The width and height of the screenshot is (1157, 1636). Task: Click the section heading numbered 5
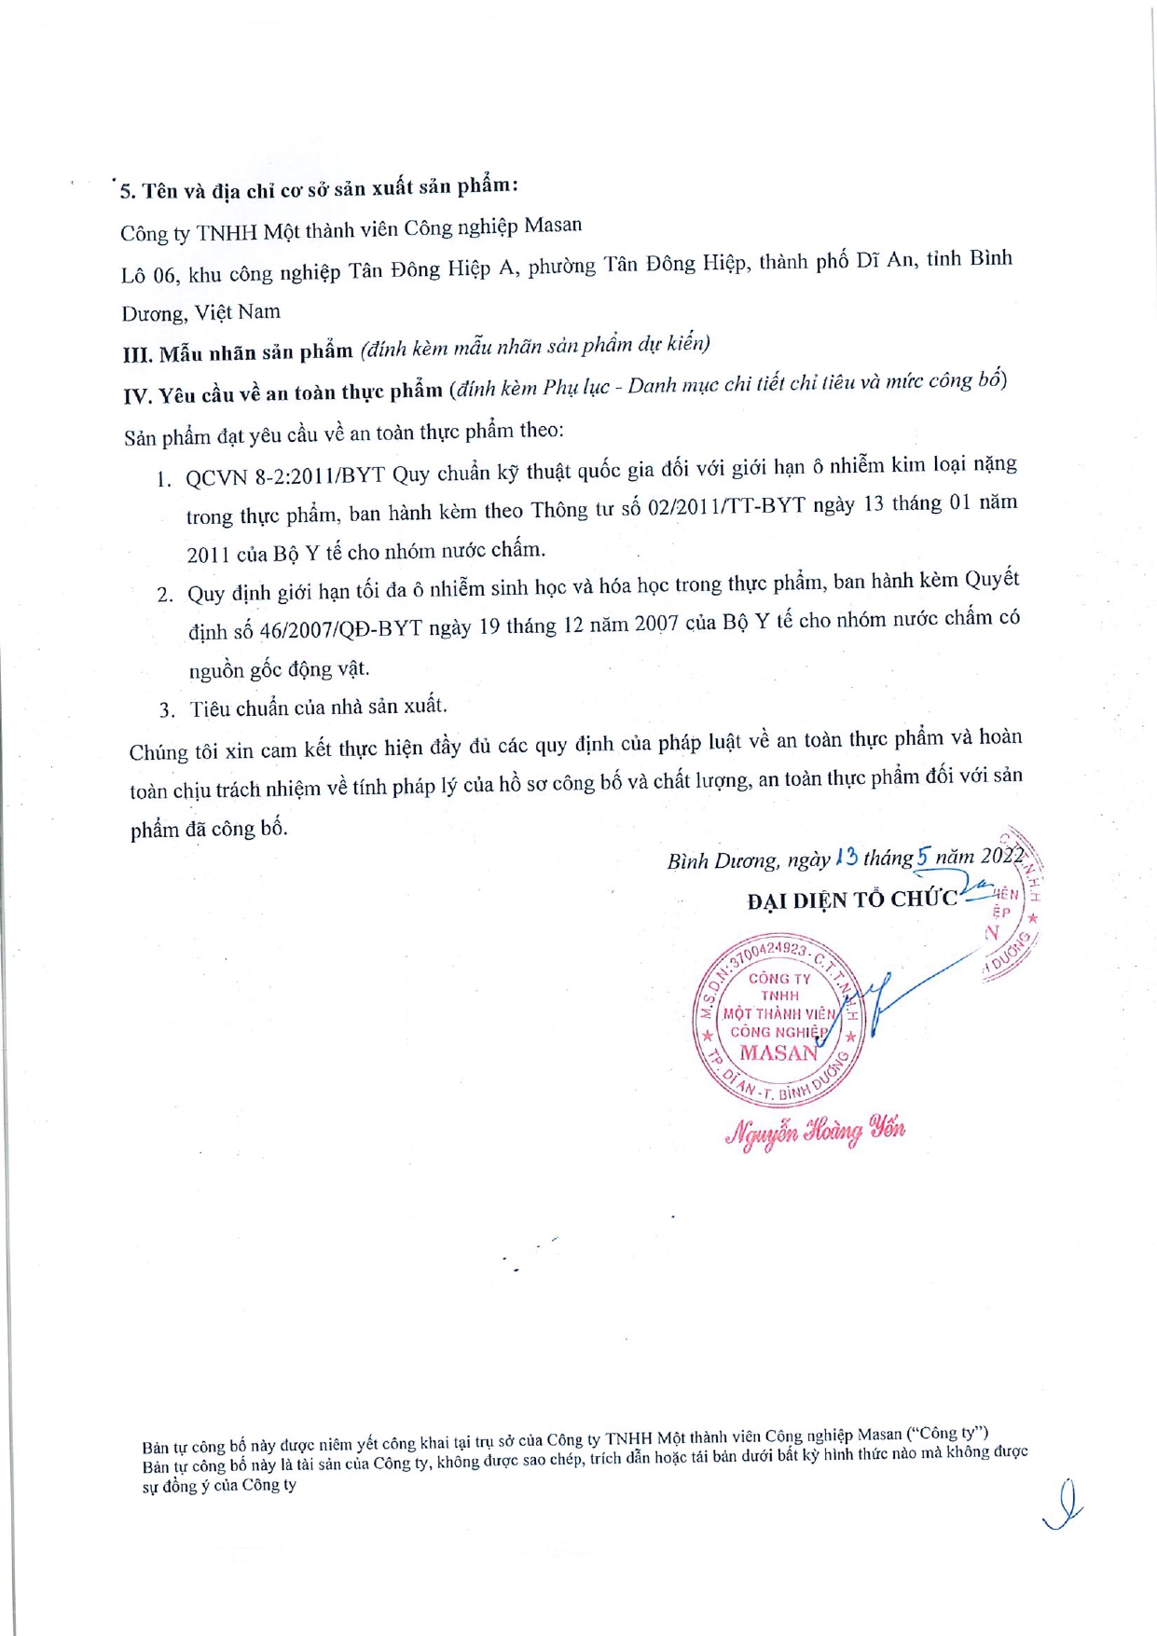[318, 187]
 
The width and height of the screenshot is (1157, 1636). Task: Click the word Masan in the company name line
[553, 226]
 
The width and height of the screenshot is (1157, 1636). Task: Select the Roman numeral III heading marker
[137, 355]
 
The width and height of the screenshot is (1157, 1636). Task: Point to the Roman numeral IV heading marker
[137, 396]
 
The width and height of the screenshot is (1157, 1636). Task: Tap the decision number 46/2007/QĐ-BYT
[340, 629]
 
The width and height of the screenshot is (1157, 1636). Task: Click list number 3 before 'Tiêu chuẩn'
[167, 710]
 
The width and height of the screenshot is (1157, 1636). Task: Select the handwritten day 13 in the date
[847, 856]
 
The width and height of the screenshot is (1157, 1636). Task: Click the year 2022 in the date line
[1001, 855]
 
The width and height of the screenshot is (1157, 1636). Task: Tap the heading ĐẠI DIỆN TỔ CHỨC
[851, 900]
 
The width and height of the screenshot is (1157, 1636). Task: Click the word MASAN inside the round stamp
[778, 1052]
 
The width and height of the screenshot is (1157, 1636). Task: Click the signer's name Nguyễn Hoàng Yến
[815, 1131]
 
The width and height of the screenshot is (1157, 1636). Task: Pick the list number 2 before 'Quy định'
[165, 595]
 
